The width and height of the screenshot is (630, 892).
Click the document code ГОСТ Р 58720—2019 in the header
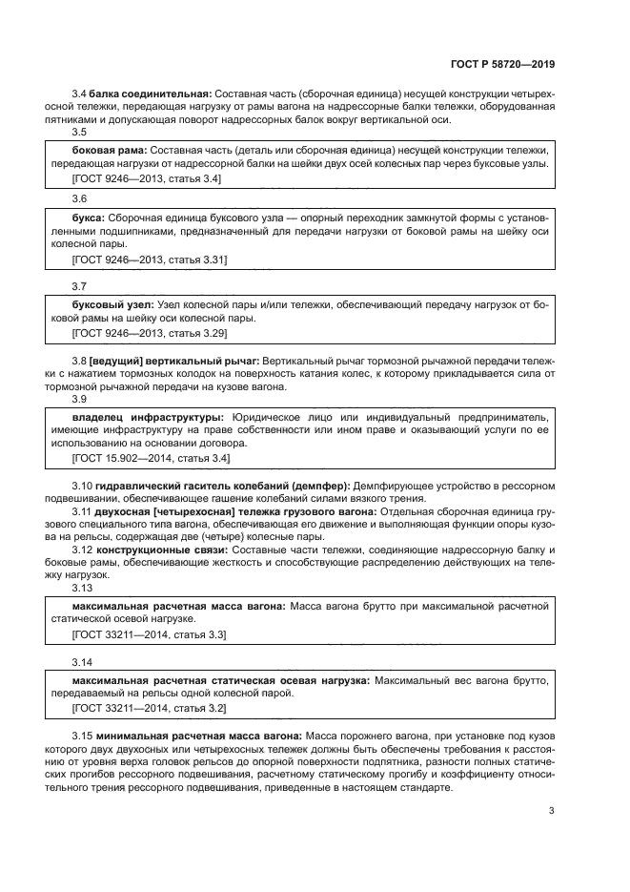502,64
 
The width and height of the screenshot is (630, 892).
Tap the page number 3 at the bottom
552,812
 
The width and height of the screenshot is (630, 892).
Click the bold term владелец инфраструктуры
149,418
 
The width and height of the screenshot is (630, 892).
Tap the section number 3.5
80,134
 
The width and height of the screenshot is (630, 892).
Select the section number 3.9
80,400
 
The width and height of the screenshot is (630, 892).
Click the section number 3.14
83,662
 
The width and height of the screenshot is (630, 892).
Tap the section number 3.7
80,286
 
